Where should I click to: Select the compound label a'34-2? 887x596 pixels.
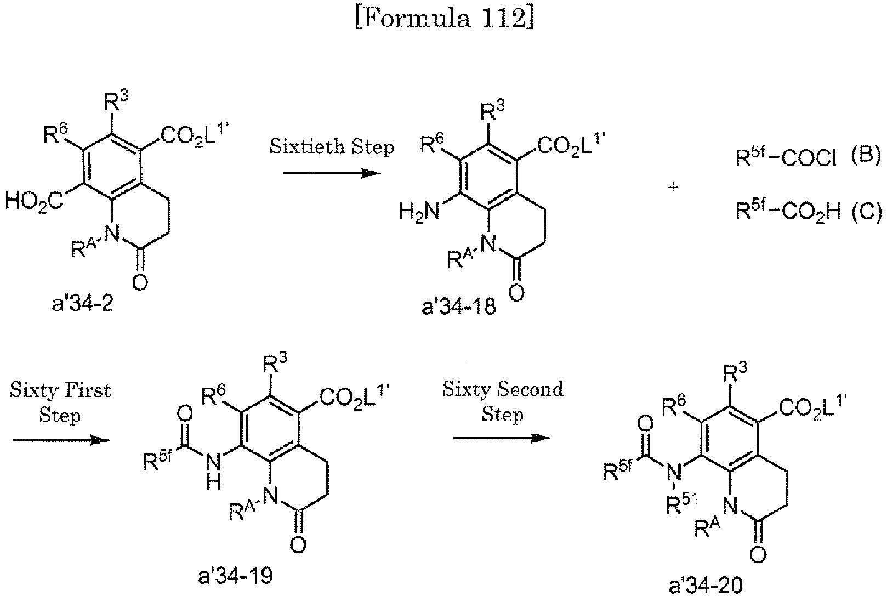pyautogui.click(x=83, y=303)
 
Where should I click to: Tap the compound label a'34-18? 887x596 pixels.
pyautogui.click(x=459, y=306)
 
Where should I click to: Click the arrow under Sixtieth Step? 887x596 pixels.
pyautogui.click(x=332, y=173)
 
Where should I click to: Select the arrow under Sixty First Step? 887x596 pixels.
pyautogui.click(x=60, y=440)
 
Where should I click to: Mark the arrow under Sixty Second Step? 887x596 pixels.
pyautogui.click(x=502, y=438)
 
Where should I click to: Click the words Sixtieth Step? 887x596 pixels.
pyautogui.click(x=332, y=147)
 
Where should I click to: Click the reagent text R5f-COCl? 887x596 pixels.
pyautogui.click(x=786, y=159)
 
